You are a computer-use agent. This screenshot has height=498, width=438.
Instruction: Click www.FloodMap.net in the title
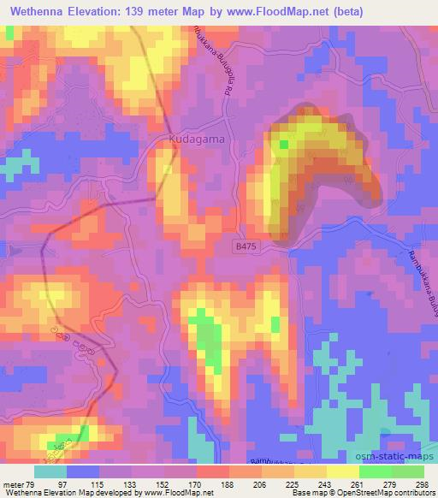pyautogui.click(x=287, y=12)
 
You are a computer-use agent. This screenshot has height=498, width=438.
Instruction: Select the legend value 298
pyautogui.click(x=422, y=483)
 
